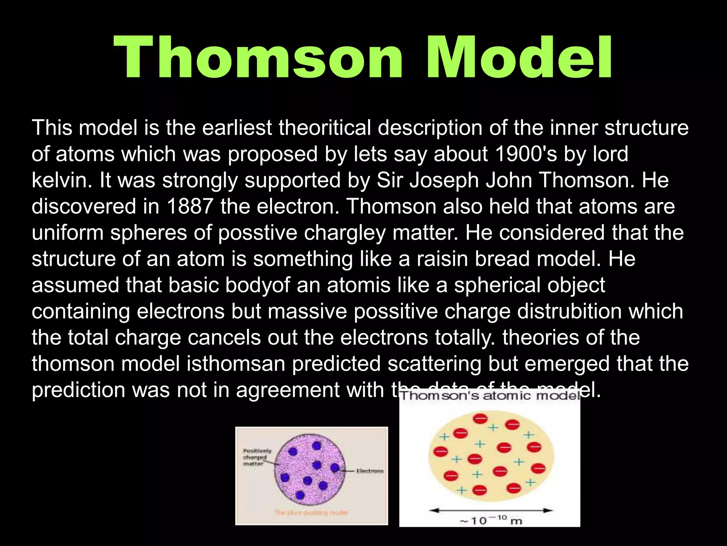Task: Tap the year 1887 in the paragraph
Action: pos(190,206)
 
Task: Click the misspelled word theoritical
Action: pos(324,128)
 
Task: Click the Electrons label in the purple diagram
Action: pos(370,471)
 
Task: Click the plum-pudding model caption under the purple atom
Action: pos(312,512)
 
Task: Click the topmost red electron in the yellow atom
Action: pos(480,419)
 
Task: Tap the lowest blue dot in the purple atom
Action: pos(300,495)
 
